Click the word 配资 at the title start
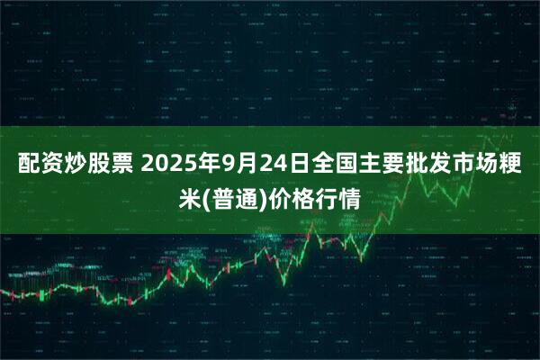36,165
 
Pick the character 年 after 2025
205,165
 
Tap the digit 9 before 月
224,165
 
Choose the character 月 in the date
243,165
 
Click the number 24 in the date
267,165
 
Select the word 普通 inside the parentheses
235,198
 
